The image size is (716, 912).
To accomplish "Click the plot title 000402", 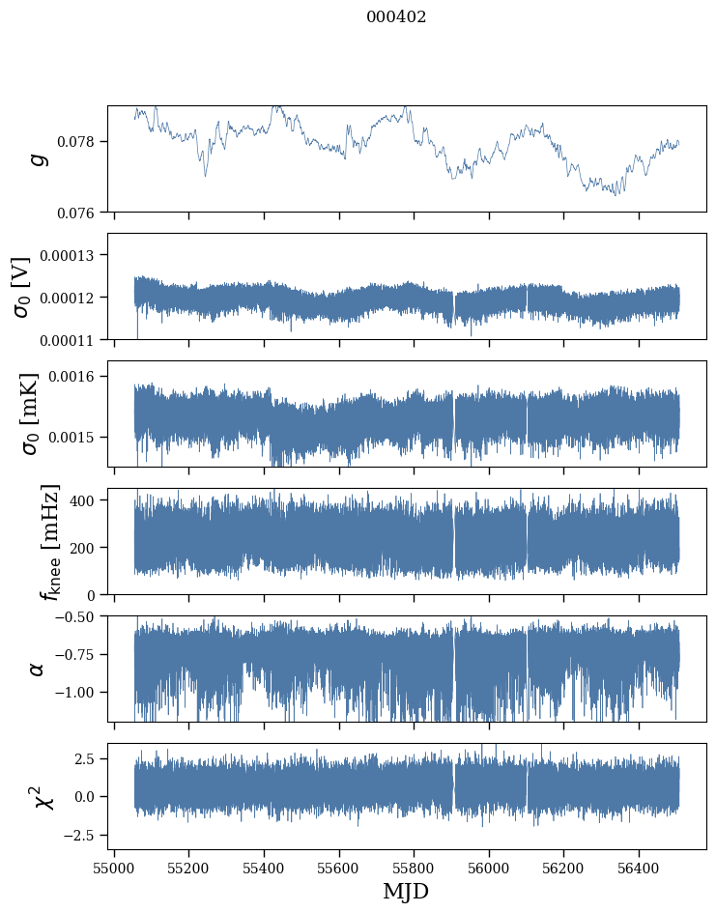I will click(x=396, y=17).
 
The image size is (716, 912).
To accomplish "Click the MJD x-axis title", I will click(x=406, y=891).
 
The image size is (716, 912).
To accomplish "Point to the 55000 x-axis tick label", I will click(x=114, y=869).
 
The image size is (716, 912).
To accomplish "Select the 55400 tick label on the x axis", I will click(x=264, y=869).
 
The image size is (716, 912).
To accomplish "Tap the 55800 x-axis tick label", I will click(x=414, y=869).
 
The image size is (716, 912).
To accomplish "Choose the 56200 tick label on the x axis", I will click(x=564, y=869).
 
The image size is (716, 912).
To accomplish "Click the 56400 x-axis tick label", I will click(x=639, y=869).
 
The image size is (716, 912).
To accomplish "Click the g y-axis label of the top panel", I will click(x=39, y=158).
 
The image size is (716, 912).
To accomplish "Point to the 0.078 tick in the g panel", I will click(x=81, y=141).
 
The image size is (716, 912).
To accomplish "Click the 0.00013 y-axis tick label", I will click(x=72, y=255).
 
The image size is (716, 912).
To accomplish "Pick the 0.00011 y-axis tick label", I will click(x=72, y=340).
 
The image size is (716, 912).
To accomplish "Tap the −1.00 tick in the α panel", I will click(x=77, y=693).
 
